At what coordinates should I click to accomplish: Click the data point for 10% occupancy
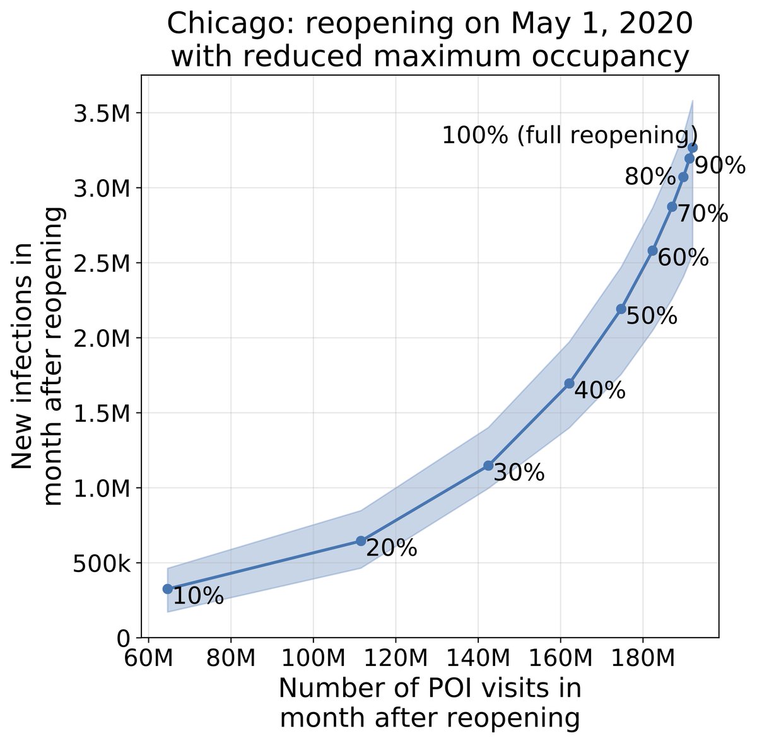coord(167,588)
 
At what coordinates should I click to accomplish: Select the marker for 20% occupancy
coord(361,541)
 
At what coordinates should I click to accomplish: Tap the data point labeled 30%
coord(488,465)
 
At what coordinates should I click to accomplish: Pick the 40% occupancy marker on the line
coord(569,383)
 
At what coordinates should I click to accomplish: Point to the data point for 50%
coord(621,308)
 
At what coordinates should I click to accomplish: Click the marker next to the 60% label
coord(652,251)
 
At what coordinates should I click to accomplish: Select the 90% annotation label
coord(720,165)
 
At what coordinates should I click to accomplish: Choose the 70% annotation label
coord(703,214)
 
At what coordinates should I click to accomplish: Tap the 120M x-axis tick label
coord(396,660)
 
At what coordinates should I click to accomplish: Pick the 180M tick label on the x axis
coord(643,660)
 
